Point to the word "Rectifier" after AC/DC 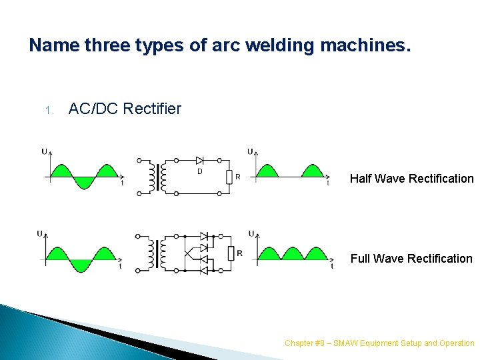point(151,109)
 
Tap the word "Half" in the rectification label point(361,179)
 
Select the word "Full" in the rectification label point(361,259)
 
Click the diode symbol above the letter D point(199,160)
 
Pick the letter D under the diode point(199,172)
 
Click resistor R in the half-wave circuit point(228,177)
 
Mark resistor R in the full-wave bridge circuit point(230,254)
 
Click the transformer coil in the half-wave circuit point(159,177)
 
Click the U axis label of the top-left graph point(44,151)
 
